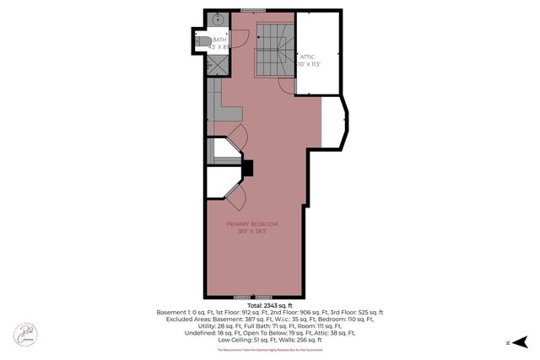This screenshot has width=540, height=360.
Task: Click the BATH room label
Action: pos(219,40)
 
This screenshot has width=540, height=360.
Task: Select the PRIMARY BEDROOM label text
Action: pos(252,223)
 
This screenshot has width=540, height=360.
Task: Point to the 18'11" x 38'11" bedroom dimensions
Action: pos(252,231)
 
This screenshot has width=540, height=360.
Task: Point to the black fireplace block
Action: pos(247,168)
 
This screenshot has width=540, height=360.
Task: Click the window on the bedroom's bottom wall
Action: pos(244,297)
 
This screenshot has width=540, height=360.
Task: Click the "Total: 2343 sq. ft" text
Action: pos(270,305)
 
